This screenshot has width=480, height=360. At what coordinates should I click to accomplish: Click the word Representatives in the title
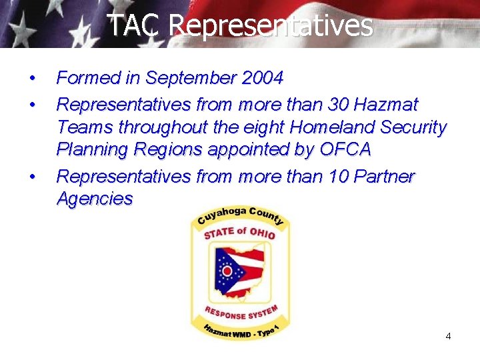[x=270, y=25]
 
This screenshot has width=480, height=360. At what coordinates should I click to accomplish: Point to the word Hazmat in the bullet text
[x=387, y=105]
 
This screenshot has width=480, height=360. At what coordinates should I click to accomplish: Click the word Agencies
[x=95, y=199]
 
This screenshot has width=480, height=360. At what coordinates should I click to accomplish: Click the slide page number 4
[x=448, y=336]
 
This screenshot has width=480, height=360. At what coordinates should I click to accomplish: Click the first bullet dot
[x=32, y=79]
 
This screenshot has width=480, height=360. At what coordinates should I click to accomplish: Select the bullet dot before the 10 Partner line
[x=32, y=177]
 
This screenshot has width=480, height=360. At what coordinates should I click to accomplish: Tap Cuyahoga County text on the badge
[x=240, y=215]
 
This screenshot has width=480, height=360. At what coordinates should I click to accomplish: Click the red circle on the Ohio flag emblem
[x=227, y=271]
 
